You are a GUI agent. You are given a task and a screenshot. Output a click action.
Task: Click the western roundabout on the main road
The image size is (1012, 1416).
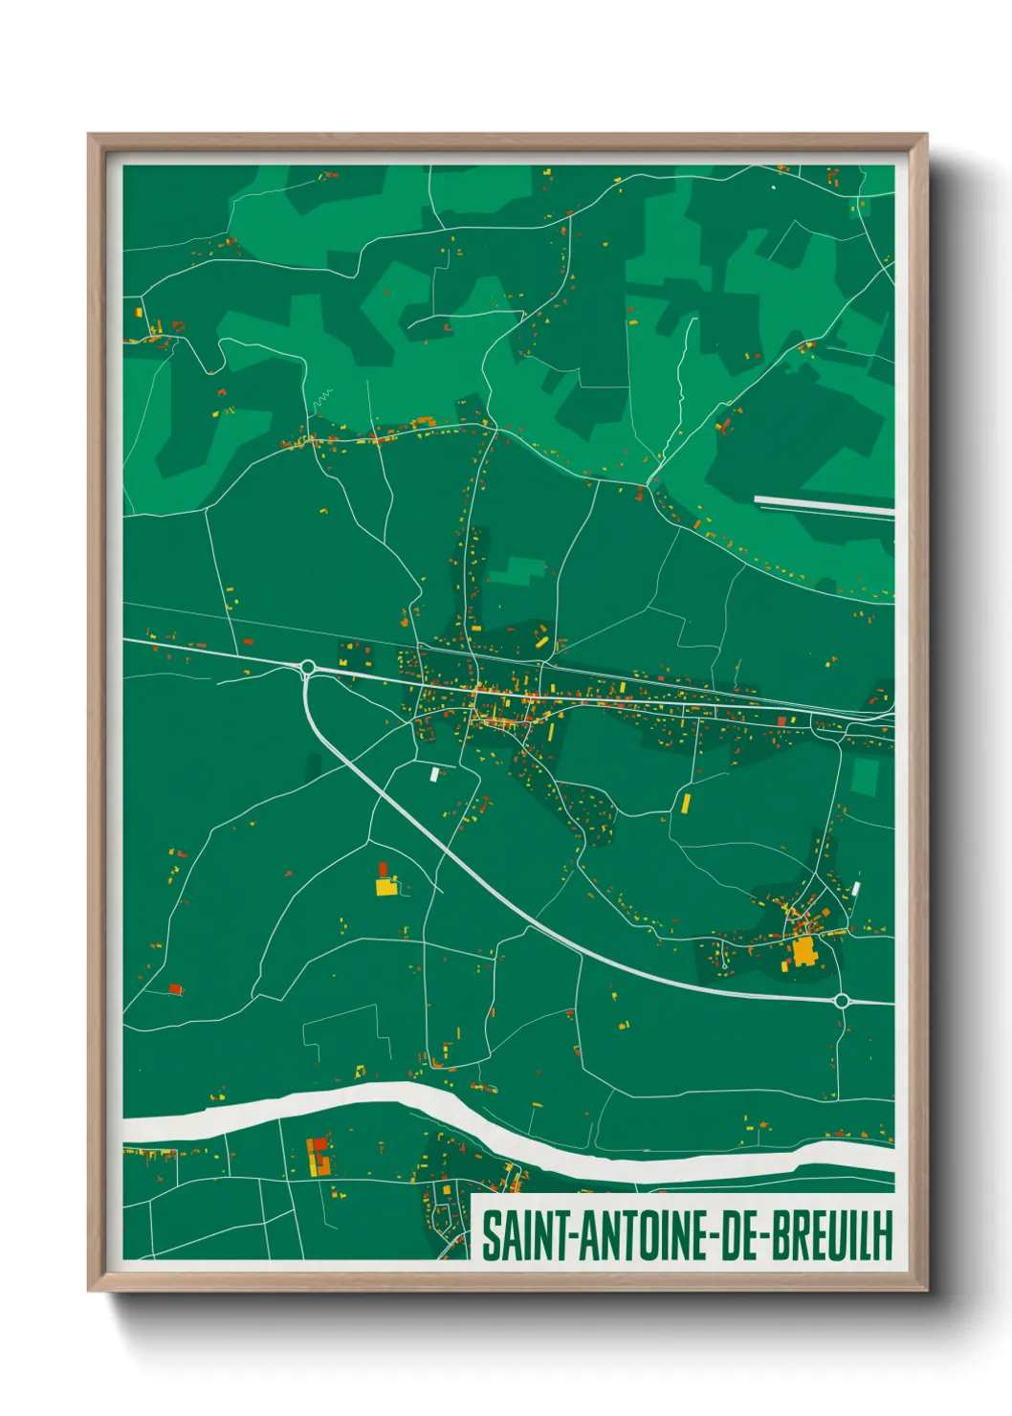[308, 667]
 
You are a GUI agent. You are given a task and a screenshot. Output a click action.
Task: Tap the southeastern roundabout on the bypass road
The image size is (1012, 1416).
[841, 1001]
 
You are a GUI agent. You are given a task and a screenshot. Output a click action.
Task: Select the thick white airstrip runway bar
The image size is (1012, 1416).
[824, 505]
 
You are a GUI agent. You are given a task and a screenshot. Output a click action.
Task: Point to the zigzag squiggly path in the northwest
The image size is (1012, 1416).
[320, 396]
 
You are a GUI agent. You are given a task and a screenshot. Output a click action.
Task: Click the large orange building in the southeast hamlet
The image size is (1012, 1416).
[803, 952]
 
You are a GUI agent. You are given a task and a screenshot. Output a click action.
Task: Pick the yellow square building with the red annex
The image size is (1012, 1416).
[385, 885]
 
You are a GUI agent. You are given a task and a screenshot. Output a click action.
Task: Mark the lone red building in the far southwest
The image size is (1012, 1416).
[175, 988]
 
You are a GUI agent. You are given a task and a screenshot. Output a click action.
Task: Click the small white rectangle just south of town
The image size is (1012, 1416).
[435, 774]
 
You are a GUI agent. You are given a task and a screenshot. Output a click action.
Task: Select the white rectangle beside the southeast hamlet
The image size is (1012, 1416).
[856, 889]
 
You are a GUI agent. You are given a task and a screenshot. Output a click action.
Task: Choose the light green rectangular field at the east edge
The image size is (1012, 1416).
[865, 776]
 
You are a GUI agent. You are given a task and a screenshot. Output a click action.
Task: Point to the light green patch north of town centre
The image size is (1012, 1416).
[516, 571]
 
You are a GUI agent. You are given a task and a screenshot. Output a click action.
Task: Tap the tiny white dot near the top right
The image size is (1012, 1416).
[774, 188]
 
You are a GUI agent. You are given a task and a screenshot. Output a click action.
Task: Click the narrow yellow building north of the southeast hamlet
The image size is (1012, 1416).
[686, 802]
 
